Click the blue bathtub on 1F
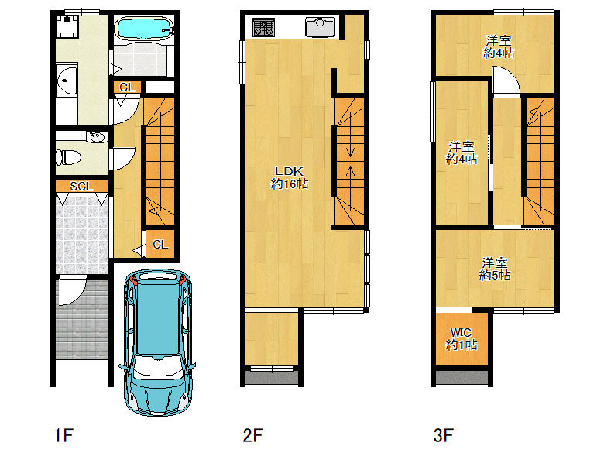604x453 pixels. tap(144, 28)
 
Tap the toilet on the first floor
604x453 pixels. tap(69, 157)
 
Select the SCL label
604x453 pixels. tap(81, 187)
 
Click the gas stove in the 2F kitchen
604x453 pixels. tap(263, 27)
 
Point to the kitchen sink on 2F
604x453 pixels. tap(320, 27)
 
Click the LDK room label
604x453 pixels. tap(289, 171)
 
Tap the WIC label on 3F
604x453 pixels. tap(461, 332)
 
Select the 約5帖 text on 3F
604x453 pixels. tap(495, 275)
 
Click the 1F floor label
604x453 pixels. tap(63, 435)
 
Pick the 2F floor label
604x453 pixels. tap(253, 435)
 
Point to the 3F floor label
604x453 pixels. tap(444, 435)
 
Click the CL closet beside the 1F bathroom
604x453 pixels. tap(127, 88)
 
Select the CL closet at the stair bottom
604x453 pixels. tap(160, 244)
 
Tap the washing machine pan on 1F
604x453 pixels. tap(67, 26)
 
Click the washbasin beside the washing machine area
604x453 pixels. tap(67, 81)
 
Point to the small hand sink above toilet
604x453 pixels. tap(96, 137)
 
